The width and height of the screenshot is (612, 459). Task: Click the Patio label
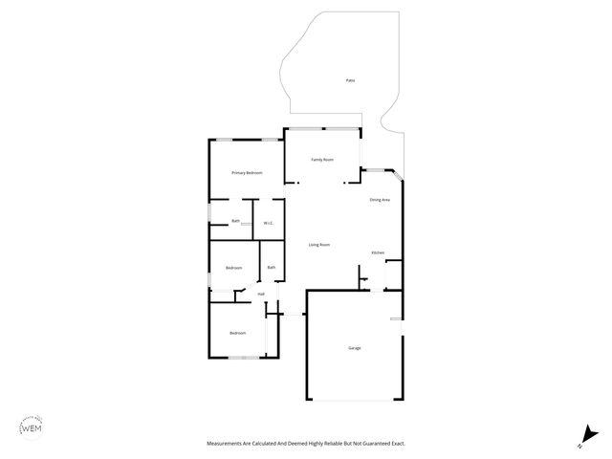tap(351, 81)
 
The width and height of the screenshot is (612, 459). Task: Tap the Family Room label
tap(322, 159)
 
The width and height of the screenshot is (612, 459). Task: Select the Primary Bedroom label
tap(247, 172)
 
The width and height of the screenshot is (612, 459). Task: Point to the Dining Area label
tap(380, 199)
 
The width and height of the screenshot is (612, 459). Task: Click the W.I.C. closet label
tap(269, 224)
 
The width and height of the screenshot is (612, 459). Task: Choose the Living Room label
tap(319, 245)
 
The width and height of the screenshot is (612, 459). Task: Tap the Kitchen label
tap(378, 252)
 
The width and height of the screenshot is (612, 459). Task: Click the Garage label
tap(354, 347)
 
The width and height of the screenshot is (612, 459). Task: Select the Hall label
tap(260, 294)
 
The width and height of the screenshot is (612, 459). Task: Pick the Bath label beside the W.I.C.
tap(235, 221)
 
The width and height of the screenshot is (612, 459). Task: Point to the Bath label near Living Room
tap(272, 268)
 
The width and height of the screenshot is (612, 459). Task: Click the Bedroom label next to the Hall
tap(233, 268)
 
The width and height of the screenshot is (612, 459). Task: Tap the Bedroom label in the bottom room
tap(237, 333)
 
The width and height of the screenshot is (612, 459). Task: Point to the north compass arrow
tap(580, 438)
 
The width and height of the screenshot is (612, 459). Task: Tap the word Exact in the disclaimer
tap(402, 444)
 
